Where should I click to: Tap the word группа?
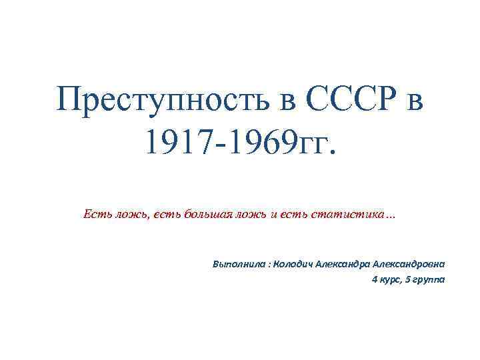[429, 280]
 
